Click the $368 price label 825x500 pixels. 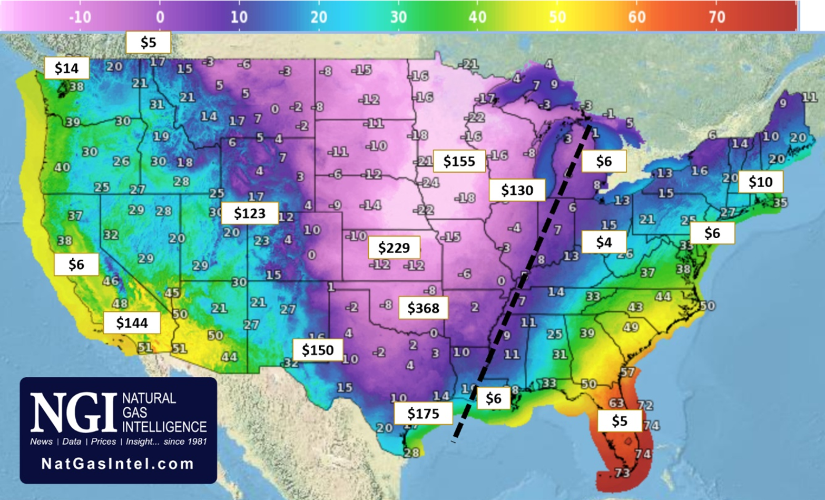coord(423,308)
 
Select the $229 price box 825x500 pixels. coord(394,247)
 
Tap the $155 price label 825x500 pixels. coord(459,161)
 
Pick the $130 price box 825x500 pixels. coord(517,190)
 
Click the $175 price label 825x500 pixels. coord(423,414)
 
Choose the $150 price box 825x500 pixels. coord(318,350)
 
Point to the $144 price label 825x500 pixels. coord(132,322)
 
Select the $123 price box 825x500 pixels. coord(249,213)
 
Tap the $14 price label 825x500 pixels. coord(66,68)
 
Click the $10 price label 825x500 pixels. coord(760,182)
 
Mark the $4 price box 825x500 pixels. coord(604,242)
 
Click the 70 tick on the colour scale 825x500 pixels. coord(716,17)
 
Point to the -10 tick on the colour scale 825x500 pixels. coord(80,17)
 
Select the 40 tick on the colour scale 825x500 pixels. coord(477,17)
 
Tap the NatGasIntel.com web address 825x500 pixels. coord(117,464)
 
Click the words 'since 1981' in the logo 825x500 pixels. coord(185,442)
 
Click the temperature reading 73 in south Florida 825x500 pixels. coord(622,473)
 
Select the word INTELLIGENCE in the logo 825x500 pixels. coord(164,426)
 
